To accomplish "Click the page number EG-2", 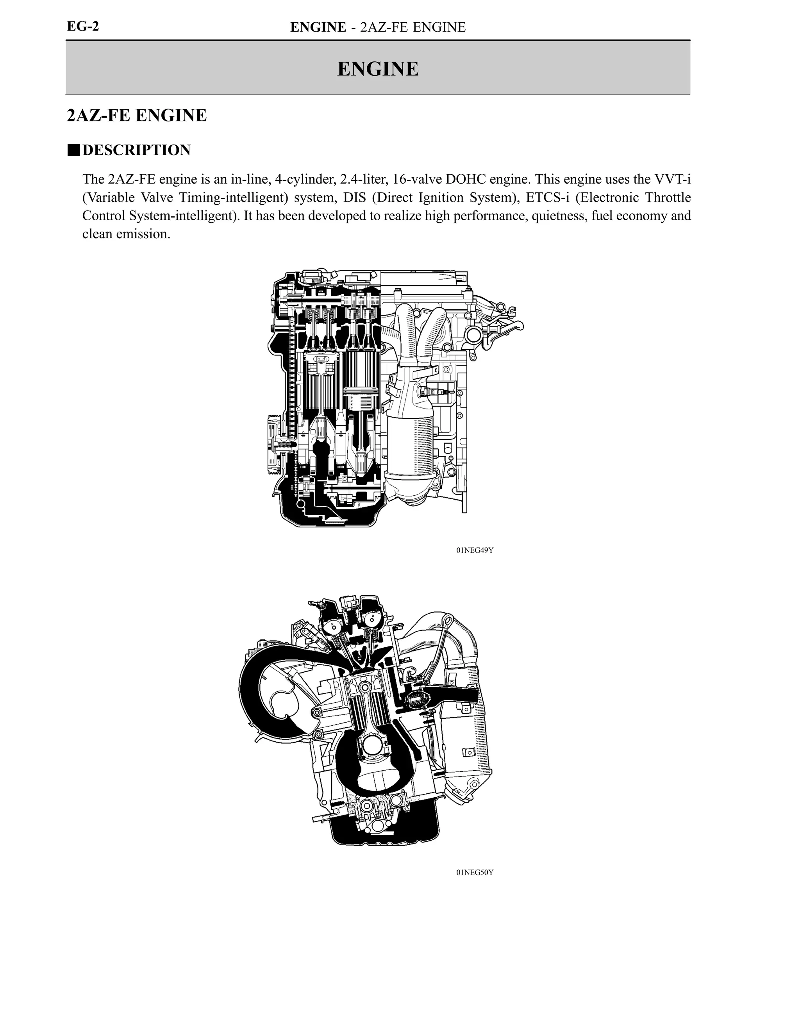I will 83,27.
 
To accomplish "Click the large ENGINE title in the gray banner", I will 378,69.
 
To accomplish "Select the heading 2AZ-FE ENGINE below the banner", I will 137,115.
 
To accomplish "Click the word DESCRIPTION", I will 137,150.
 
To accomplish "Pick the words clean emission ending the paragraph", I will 126,234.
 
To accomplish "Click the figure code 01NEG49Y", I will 475,550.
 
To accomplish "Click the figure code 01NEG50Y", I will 475,872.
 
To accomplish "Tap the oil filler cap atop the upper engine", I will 312,277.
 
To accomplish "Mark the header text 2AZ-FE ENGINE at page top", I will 413,27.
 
